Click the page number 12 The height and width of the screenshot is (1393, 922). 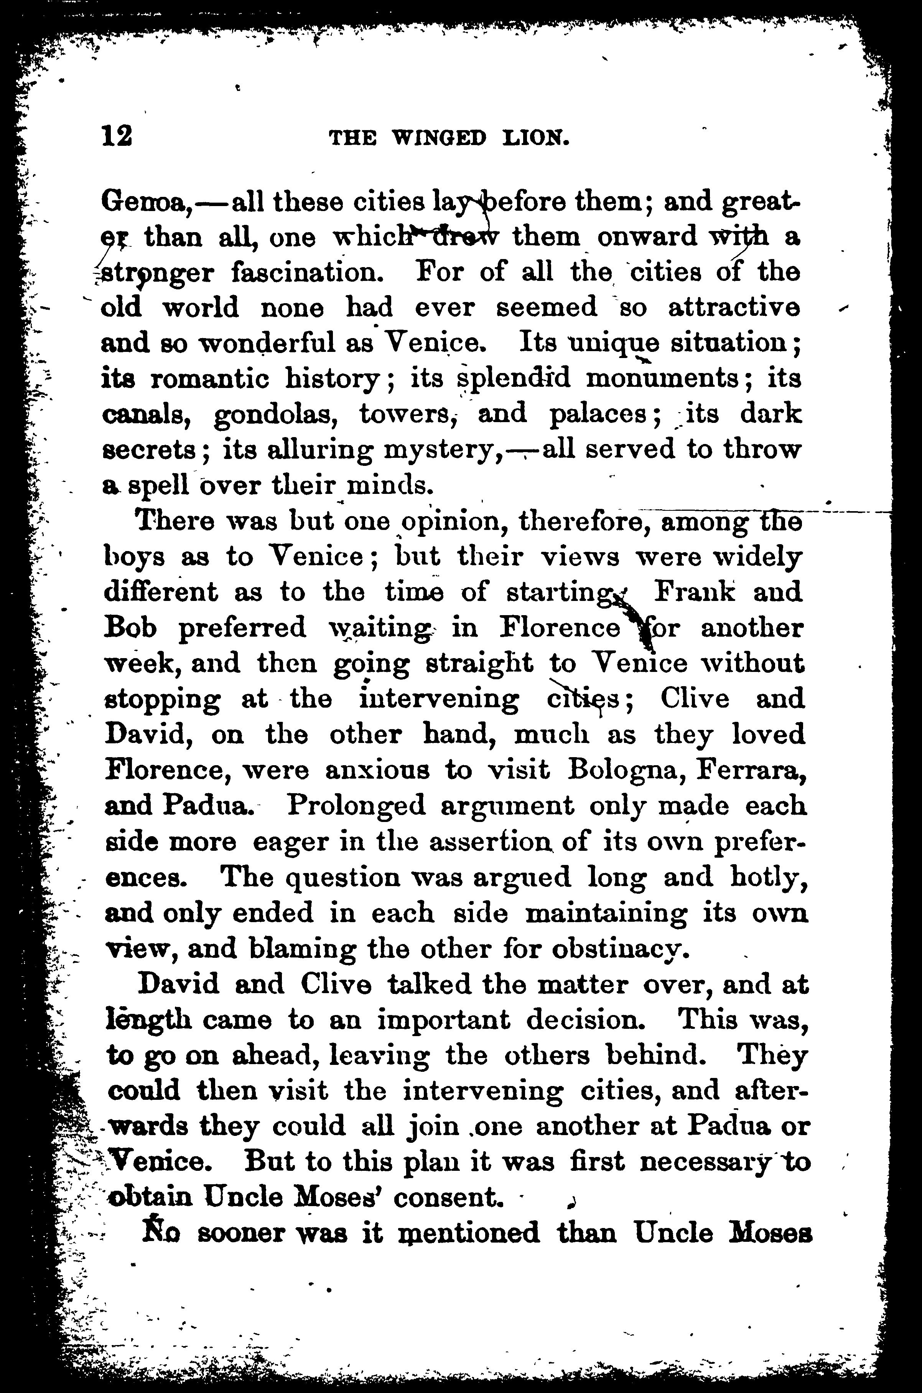117,137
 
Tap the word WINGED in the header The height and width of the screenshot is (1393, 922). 439,138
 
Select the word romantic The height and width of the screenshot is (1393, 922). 209,379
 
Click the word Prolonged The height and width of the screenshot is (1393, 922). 356,806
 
